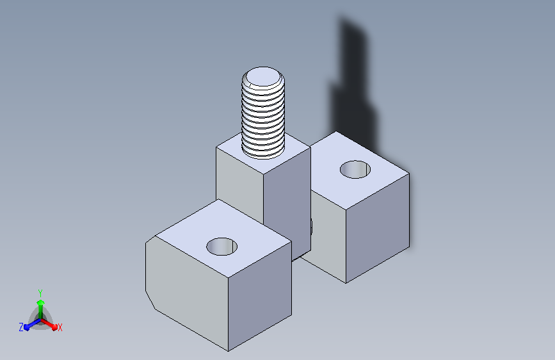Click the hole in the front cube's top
point(222,247)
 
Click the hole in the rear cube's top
point(355,169)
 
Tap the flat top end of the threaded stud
point(263,77)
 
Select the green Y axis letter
point(40,293)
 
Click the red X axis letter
point(60,328)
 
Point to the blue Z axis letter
point(21,327)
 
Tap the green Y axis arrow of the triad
point(40,310)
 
